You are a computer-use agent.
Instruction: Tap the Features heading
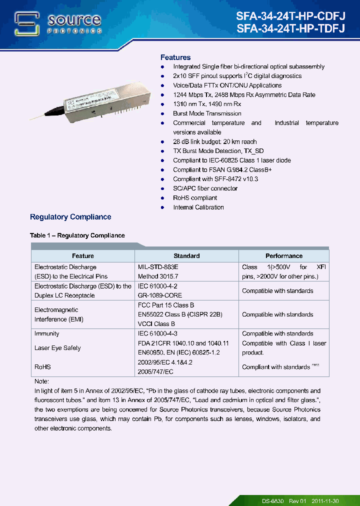[175, 57]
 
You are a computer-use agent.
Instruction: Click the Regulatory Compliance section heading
[70, 217]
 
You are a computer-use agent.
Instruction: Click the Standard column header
[186, 256]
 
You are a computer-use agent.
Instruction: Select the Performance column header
[283, 256]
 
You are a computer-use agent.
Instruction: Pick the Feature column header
[83, 256]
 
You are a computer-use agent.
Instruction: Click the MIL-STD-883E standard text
[158, 267]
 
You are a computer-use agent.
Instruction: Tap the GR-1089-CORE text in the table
[160, 295]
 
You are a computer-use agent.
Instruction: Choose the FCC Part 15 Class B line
[166, 305]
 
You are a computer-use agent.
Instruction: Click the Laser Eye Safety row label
[57, 348]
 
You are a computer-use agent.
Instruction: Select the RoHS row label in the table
[42, 367]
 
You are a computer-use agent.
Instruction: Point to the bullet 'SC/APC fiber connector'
[205, 188]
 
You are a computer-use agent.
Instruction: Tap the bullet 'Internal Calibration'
[198, 207]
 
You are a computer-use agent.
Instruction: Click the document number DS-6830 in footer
[272, 501]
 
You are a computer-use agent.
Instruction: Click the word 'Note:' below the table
[42, 381]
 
